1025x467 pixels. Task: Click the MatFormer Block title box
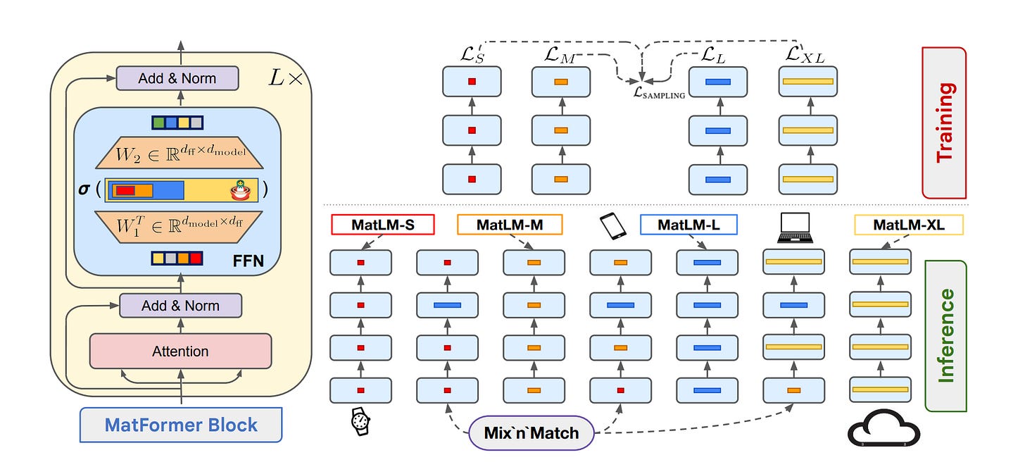tap(181, 425)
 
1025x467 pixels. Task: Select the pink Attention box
tap(181, 351)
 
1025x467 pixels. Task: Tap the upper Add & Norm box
tap(177, 78)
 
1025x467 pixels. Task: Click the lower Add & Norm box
tap(180, 306)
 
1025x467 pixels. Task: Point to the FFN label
tap(248, 261)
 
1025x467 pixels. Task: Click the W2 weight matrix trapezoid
tap(180, 153)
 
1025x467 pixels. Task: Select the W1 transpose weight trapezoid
tap(179, 227)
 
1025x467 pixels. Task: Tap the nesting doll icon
tap(241, 190)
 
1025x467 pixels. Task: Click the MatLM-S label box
tap(382, 225)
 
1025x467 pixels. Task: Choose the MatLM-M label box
tap(510, 225)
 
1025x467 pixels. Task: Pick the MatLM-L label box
tap(688, 225)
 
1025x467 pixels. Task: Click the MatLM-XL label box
tap(909, 225)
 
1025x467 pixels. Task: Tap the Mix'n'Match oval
tap(532, 432)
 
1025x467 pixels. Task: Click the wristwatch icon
tap(360, 421)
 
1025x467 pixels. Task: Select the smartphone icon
tap(612, 226)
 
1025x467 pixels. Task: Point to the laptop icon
tap(796, 228)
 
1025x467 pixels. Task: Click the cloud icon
tap(883, 428)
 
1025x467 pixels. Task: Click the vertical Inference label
tap(946, 335)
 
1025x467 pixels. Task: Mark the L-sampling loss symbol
tap(659, 93)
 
